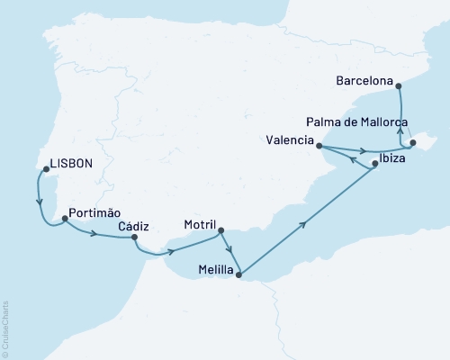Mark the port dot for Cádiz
(x=134, y=238)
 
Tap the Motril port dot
(x=221, y=230)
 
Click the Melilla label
(x=211, y=270)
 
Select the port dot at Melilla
(x=238, y=276)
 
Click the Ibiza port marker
(x=373, y=163)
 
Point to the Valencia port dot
(x=319, y=141)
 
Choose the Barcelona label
(x=364, y=81)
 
